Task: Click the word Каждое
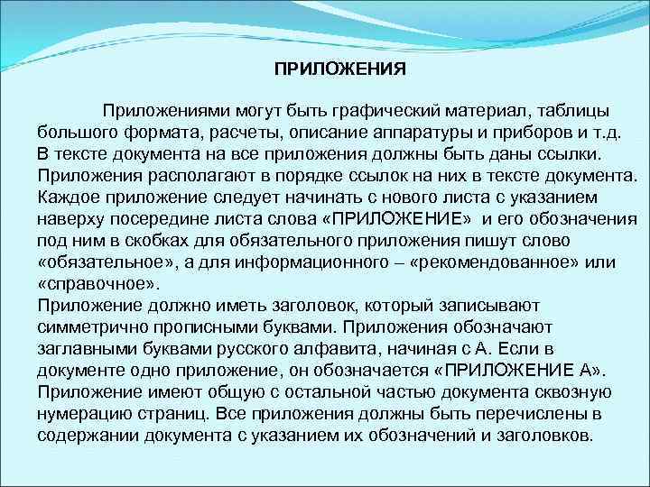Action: pos(70,197)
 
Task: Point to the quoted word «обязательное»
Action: pos(102,262)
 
